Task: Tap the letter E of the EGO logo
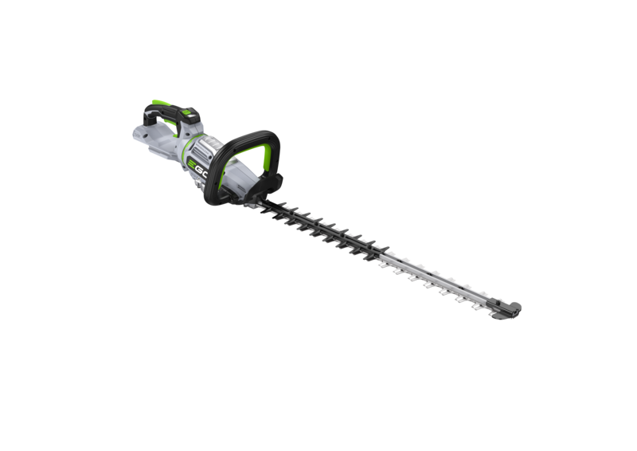tap(191, 164)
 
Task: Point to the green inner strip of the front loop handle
tap(264, 158)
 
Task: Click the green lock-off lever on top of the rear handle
tap(160, 104)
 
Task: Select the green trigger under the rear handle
tap(174, 127)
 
